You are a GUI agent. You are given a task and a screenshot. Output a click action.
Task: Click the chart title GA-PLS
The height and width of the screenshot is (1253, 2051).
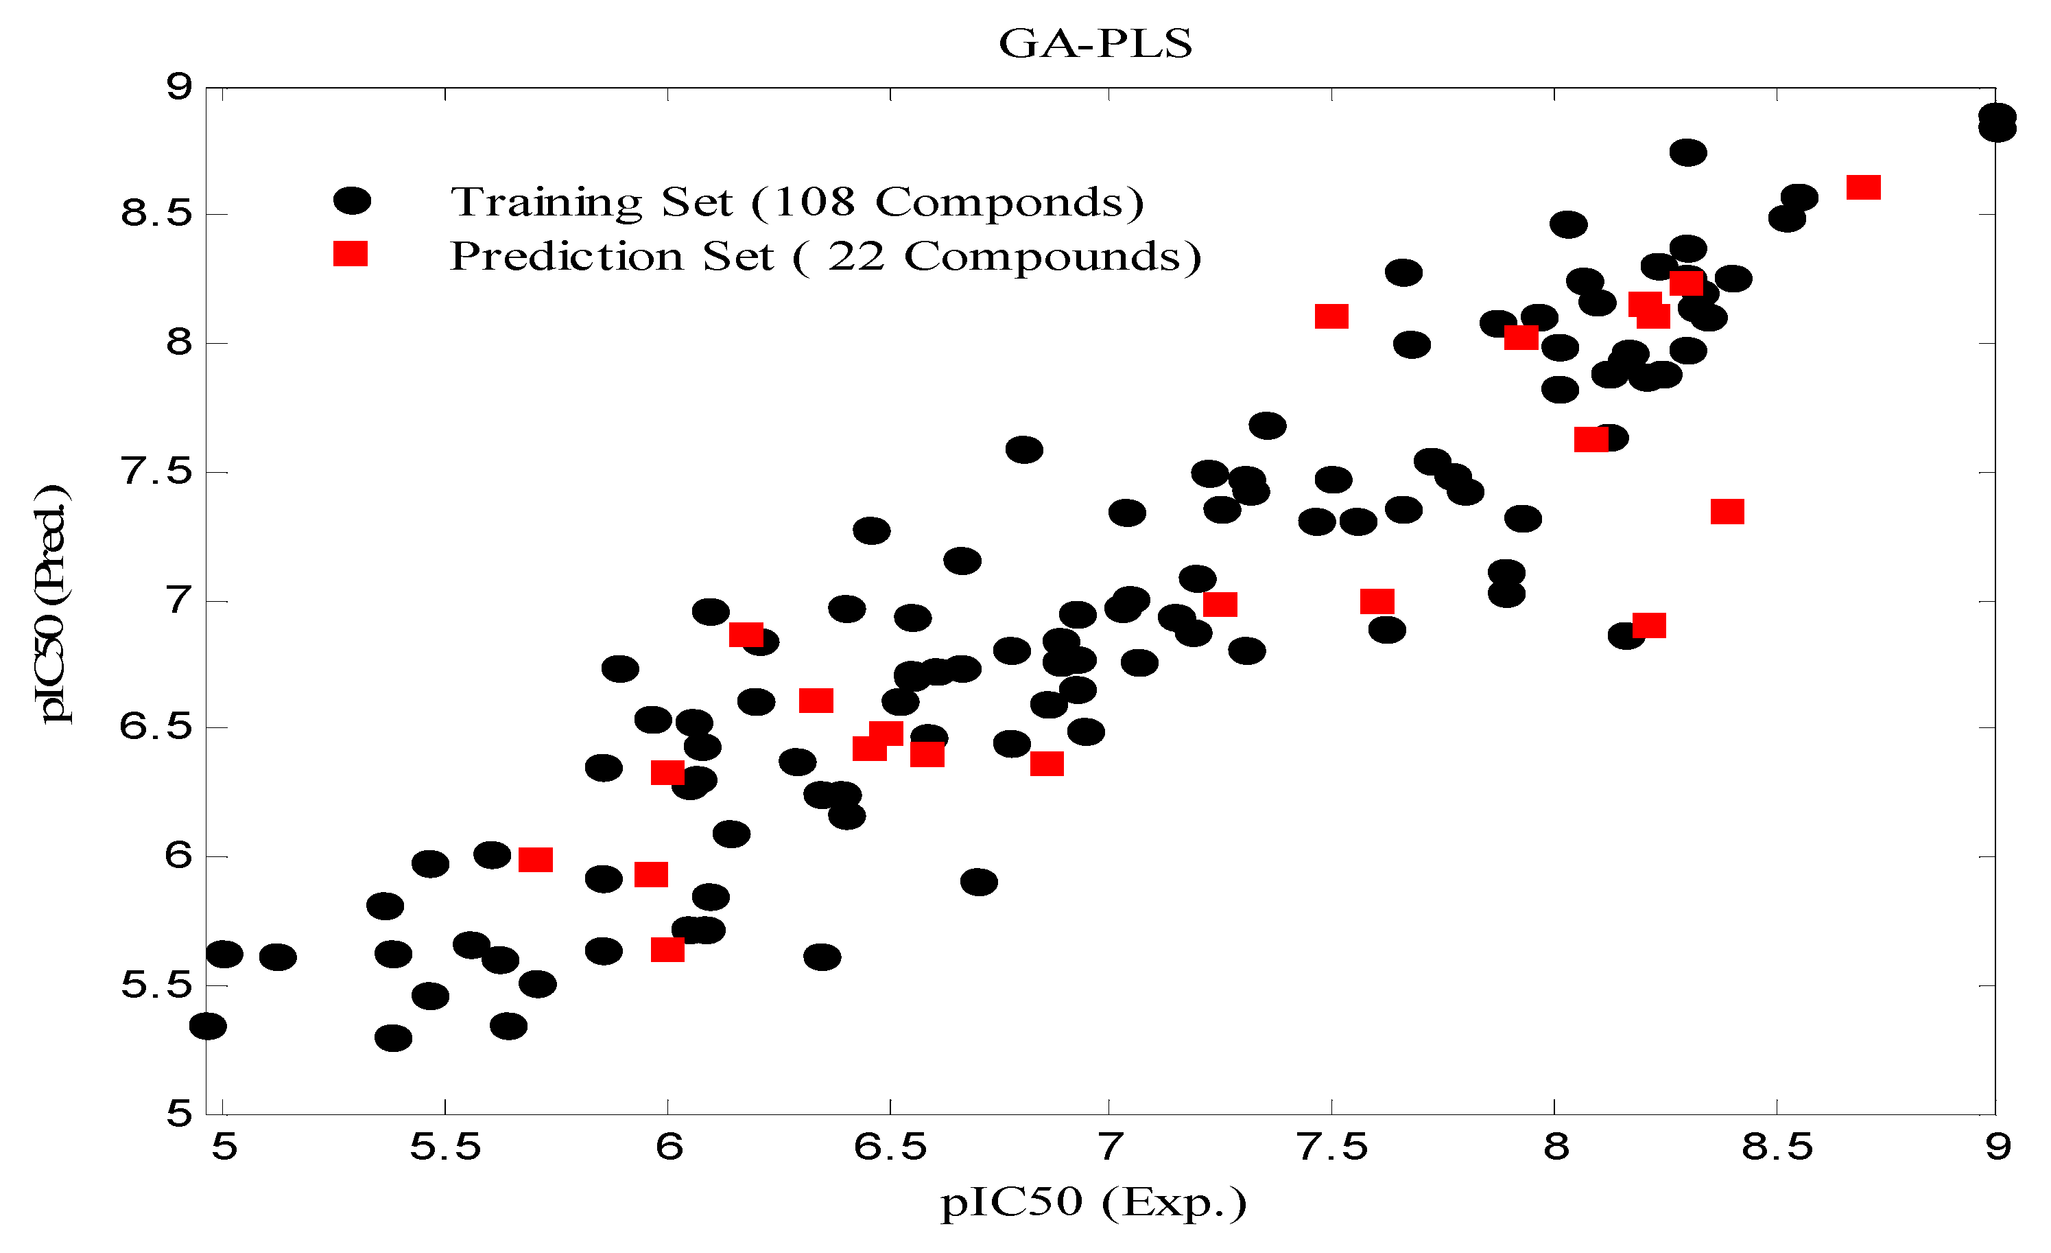coord(1095,43)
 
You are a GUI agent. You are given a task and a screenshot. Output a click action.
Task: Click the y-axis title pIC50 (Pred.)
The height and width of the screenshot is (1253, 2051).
coord(51,604)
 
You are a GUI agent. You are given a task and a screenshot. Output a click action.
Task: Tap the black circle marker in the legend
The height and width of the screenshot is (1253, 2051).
coord(352,200)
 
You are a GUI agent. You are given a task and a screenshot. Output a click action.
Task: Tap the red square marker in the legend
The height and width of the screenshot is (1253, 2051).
coord(351,254)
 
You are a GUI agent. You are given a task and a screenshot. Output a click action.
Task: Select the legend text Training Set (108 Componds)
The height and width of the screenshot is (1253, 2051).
coord(796,202)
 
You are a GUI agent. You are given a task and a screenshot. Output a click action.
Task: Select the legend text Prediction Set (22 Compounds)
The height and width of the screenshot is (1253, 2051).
coord(826,257)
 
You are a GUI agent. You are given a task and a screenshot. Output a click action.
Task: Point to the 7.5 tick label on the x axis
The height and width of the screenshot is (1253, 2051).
coord(1333,1148)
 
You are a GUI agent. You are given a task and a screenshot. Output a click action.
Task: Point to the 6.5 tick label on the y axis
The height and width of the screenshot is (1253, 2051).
coord(156,727)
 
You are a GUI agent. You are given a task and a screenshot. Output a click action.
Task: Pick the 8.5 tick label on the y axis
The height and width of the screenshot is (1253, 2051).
coord(156,214)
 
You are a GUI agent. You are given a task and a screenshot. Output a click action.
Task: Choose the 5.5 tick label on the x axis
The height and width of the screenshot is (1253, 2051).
coord(445,1148)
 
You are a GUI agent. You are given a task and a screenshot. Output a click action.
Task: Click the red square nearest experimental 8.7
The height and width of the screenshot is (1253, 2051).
coord(1864,187)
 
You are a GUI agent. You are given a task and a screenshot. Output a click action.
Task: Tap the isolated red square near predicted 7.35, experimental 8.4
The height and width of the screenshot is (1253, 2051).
coord(1727,511)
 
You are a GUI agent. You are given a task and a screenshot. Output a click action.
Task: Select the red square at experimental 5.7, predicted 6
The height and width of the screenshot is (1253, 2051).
coord(535,860)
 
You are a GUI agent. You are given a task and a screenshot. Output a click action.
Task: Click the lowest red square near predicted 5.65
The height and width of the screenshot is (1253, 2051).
coord(667,950)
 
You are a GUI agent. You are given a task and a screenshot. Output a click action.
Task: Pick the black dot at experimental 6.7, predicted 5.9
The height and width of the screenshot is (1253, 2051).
coord(979,882)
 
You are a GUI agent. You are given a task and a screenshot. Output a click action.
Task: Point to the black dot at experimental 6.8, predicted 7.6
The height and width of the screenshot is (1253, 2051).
coord(1025,449)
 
